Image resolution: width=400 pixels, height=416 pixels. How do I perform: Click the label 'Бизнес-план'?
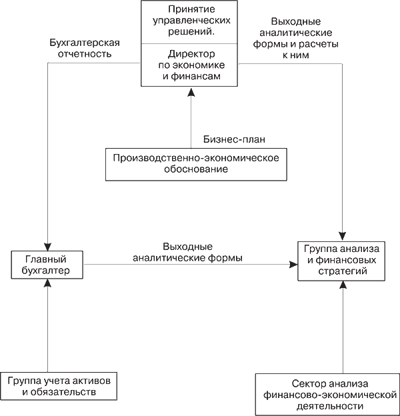coord(234,139)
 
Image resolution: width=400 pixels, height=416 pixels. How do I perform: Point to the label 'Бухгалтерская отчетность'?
coord(85,48)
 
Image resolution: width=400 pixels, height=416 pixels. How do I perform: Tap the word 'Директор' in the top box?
coord(191,54)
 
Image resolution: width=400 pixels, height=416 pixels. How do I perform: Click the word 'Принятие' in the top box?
coord(191,9)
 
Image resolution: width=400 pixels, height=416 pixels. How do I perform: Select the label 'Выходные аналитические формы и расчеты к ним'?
coord(296,38)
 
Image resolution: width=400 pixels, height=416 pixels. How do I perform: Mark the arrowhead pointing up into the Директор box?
coord(191,92)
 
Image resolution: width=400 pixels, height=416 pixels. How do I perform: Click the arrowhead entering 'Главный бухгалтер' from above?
coord(48,247)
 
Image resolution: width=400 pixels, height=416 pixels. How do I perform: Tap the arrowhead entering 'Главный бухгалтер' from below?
coord(48,283)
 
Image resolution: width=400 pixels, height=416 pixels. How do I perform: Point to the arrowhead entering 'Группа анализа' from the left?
coord(293,265)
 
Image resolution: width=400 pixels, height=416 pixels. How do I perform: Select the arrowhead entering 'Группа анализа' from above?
coord(343,237)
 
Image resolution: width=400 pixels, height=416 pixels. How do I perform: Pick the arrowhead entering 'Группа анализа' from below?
coord(343,285)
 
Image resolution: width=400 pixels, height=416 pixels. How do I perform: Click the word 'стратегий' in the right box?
coord(343,271)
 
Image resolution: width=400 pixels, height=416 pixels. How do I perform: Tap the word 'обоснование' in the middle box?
coord(196,169)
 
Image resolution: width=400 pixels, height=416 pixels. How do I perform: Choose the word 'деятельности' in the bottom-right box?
coord(330,406)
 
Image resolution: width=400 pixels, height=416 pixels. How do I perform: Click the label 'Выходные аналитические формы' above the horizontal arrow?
coord(187,252)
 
